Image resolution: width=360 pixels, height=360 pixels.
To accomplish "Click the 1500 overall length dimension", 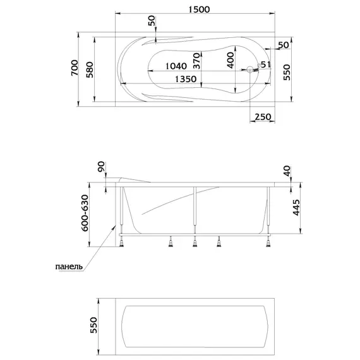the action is pos(199,9).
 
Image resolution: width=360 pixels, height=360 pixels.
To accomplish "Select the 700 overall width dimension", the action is pos(75,68).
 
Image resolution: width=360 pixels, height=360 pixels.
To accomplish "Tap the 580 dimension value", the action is pos(90,70).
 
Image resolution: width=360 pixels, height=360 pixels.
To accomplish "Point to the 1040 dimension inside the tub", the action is pos(176,66).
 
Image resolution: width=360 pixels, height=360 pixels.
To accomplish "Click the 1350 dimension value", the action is pos(186,79).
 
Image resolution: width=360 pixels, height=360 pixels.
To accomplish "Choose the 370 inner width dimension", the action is pos(197,61).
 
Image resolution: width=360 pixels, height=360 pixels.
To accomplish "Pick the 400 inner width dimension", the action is pos(231,60).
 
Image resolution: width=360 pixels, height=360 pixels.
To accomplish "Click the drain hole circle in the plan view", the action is pos(250,69).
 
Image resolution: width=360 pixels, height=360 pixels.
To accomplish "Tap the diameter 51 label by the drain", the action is pos(264,65).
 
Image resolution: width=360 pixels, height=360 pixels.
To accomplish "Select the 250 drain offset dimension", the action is pos(263,117).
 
